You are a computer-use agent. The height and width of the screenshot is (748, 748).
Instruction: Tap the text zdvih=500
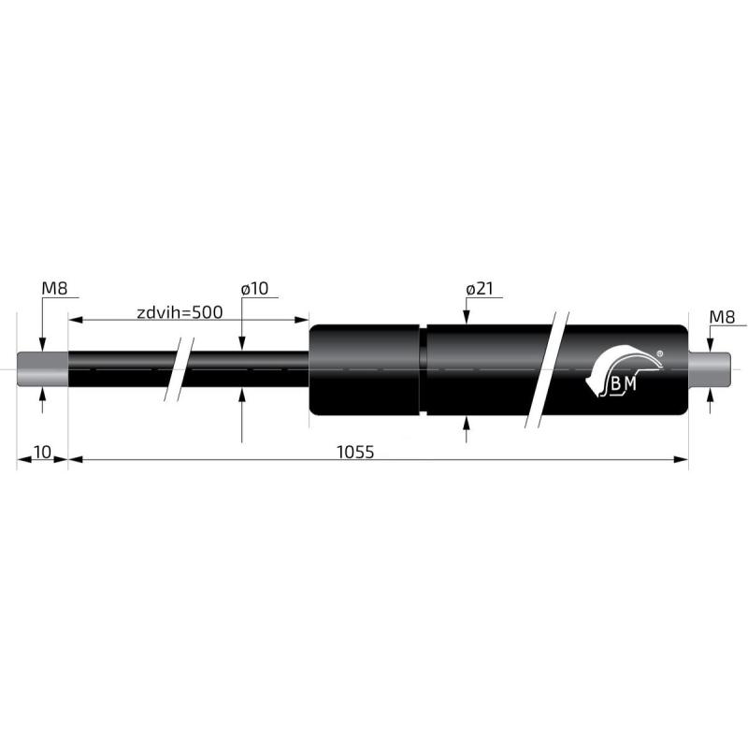pos(180,312)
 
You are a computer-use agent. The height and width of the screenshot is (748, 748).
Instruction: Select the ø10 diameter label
pos(254,290)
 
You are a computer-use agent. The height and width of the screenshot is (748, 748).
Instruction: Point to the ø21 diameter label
pos(479,290)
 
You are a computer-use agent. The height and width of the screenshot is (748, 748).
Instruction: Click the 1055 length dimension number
pos(355,452)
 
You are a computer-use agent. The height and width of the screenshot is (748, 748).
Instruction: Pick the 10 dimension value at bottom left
pos(41,452)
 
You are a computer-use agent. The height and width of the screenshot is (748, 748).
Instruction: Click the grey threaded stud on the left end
pos(42,368)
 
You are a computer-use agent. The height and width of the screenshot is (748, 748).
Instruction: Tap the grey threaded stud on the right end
pos(710,368)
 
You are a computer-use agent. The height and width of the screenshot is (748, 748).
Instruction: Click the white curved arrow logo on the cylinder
pos(617,367)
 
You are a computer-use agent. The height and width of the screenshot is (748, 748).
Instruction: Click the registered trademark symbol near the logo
pos(660,353)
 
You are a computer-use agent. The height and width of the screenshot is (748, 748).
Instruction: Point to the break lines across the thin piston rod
pos(179,368)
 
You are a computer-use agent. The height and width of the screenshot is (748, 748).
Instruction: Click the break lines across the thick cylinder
pos(547,368)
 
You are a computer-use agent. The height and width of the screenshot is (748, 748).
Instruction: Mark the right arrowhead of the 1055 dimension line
pos(682,459)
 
